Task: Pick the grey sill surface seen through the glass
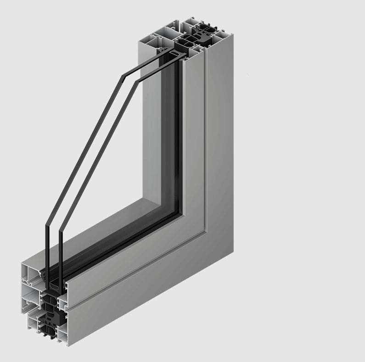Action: (115, 225)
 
